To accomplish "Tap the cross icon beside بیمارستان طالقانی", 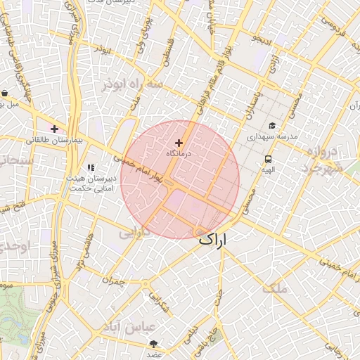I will click(x=54, y=129).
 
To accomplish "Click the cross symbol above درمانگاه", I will click(x=179, y=143).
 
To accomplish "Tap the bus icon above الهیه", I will click(x=269, y=159).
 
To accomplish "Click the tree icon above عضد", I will click(x=153, y=344).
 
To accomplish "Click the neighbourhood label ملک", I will click(x=275, y=288).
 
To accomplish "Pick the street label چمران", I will click(x=112, y=281).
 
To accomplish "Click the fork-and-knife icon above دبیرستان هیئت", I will click(x=90, y=167).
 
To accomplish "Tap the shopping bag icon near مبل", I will click(x=5, y=93).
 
